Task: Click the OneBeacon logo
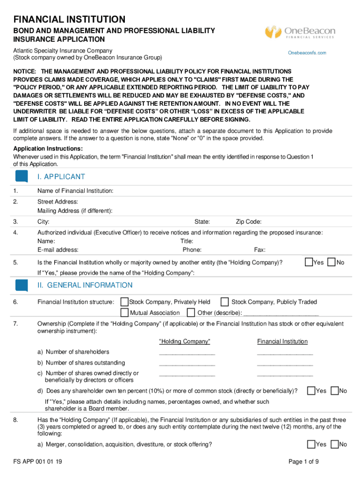[300, 32]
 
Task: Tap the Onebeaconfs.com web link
[307, 53]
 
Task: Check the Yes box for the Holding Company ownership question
[309, 262]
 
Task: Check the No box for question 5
[332, 262]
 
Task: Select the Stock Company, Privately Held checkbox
[124, 302]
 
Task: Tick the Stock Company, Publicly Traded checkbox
[224, 302]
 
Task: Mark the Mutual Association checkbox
[124, 312]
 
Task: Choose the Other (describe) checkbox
[191, 312]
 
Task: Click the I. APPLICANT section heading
[61, 177]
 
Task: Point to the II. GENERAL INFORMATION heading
[85, 285]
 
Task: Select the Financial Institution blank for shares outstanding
[285, 364]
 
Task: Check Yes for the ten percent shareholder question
[311, 390]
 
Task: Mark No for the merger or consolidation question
[334, 444]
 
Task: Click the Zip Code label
[248, 222]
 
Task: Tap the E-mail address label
[58, 250]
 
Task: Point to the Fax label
[259, 250]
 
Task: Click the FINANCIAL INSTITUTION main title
[69, 20]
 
